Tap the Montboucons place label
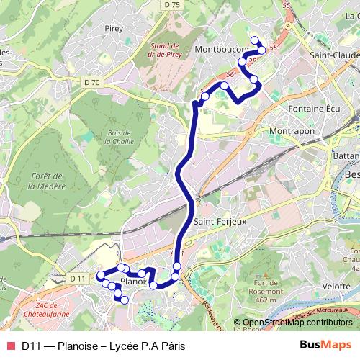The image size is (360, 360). coord(222,50)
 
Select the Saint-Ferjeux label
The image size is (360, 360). coord(220,222)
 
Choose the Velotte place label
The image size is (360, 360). coord(338,286)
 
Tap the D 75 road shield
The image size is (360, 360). coord(171,4)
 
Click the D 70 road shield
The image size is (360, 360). coord(91,82)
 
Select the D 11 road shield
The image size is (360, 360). coord(78,278)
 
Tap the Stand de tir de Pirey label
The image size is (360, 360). coord(165,48)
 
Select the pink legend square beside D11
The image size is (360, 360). coord(10,346)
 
